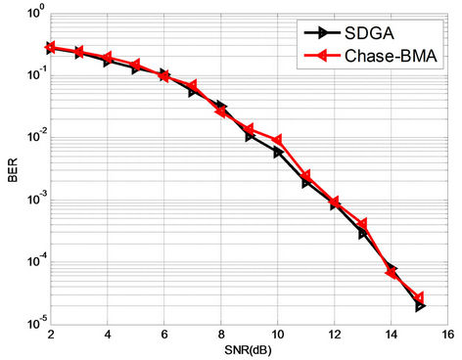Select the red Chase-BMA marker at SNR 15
[419, 297]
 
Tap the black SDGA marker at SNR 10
[279, 153]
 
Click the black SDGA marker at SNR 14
[393, 268]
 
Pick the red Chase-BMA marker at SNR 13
[362, 225]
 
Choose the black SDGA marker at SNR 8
[222, 106]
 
